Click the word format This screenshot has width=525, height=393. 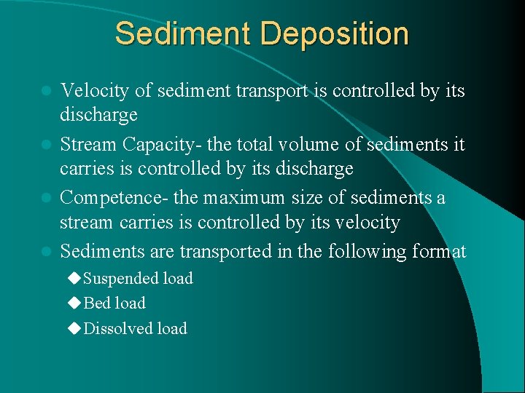point(439,252)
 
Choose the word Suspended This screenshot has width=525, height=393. point(119,279)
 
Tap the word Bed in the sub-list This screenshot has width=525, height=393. point(96,303)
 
